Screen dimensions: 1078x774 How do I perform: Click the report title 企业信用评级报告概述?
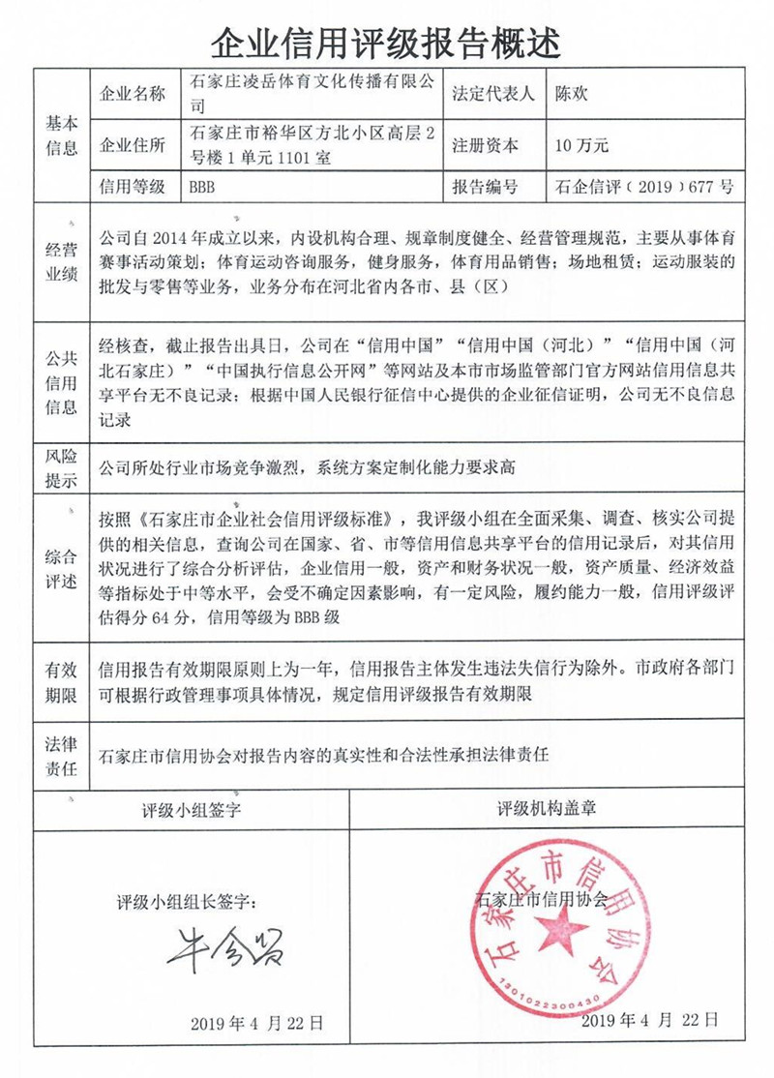point(387,42)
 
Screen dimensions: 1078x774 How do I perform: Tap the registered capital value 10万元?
point(580,146)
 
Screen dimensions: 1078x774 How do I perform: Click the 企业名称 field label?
point(134,95)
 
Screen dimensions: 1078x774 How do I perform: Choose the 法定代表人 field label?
point(493,95)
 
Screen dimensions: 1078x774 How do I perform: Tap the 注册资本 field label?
point(486,146)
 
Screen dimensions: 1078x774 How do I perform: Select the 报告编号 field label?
point(486,187)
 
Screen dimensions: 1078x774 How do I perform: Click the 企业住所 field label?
point(134,146)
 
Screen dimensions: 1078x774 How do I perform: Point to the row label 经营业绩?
point(62,260)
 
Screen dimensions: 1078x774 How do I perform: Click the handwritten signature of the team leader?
point(224,945)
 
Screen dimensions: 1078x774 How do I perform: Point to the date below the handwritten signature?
point(256,1023)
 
